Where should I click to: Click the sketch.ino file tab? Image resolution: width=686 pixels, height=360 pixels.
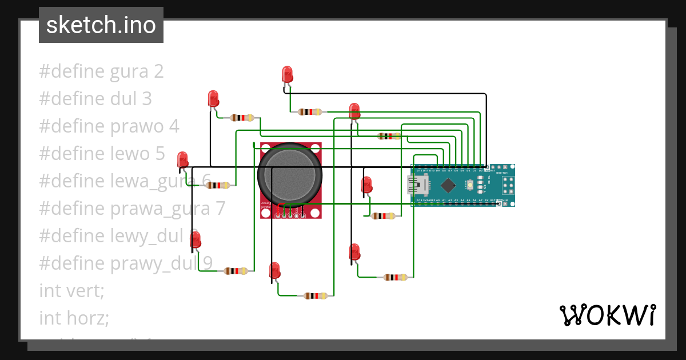(101, 25)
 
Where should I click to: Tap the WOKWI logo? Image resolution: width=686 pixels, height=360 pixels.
(607, 315)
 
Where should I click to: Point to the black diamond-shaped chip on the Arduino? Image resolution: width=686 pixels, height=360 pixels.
(448, 185)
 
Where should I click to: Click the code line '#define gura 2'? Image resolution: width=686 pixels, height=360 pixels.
(101, 71)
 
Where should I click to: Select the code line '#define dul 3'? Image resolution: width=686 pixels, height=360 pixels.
(95, 99)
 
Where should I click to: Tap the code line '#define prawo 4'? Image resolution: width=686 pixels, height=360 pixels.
(109, 126)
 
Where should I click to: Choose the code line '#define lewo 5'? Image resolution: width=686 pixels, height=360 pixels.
(102, 154)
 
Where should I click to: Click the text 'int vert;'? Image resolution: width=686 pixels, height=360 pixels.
(71, 290)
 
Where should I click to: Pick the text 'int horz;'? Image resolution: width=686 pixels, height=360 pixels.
(74, 317)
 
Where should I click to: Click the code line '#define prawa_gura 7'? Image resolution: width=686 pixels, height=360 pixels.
(132, 209)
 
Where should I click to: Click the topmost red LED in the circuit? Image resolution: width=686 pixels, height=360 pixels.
(287, 74)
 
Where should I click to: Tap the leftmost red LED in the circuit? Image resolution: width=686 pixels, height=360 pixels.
(182, 159)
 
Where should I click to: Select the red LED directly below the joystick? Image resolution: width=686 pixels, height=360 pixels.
(274, 270)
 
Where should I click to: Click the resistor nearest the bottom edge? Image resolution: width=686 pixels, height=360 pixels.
(316, 295)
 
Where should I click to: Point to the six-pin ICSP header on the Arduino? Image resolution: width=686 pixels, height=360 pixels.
(506, 185)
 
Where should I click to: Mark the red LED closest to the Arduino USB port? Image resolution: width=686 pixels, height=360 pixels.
(366, 185)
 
